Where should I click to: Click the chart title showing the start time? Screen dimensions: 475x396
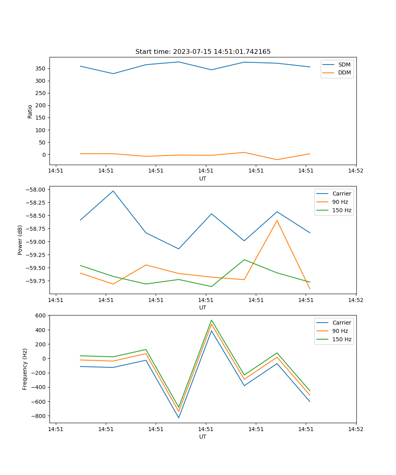(x=203, y=52)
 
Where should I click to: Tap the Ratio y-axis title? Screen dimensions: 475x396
(x=30, y=111)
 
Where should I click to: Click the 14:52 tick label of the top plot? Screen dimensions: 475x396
(x=355, y=171)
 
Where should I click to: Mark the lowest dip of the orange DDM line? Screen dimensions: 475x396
(x=277, y=160)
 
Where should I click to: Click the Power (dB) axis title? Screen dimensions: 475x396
(x=20, y=240)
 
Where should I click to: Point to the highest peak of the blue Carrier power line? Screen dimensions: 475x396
(x=113, y=191)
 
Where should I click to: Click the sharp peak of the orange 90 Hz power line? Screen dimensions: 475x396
(x=277, y=220)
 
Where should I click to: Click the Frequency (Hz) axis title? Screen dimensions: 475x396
(x=25, y=369)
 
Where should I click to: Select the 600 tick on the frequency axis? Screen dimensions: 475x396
(x=41, y=315)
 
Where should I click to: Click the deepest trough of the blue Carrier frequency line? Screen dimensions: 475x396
(x=179, y=418)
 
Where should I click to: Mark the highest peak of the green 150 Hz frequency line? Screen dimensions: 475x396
(x=211, y=320)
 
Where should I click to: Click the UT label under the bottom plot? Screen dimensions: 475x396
(x=203, y=437)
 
